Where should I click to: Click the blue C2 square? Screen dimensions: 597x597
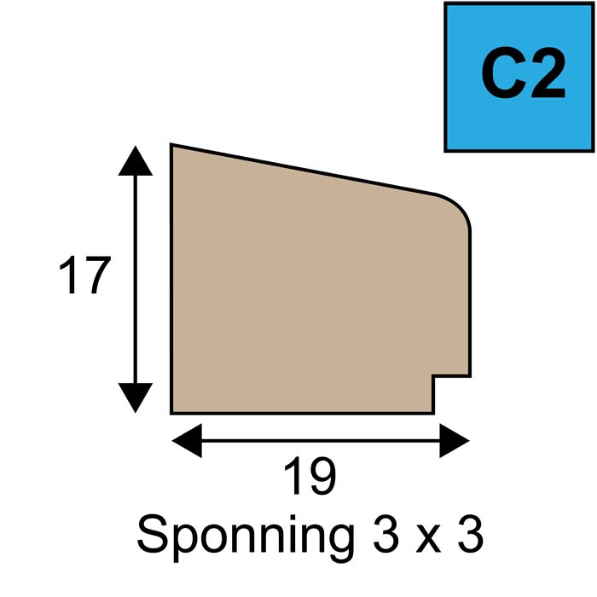tap(519, 77)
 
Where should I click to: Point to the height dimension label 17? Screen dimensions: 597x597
tap(85, 275)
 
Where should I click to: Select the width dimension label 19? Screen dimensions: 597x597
tap(310, 475)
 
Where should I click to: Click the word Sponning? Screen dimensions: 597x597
tap(246, 533)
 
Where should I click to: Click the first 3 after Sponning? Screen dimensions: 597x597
tap(386, 533)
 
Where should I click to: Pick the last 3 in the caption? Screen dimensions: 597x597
tap(471, 533)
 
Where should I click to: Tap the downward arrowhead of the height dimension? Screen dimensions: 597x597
tap(136, 397)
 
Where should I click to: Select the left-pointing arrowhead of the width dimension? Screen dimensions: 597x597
tap(187, 441)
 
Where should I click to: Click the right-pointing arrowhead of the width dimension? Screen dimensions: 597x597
tap(455, 441)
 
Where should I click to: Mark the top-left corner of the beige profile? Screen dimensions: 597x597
tap(171, 145)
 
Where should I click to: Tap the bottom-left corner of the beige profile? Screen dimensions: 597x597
tap(171, 413)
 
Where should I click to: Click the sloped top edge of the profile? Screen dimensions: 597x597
tap(302, 169)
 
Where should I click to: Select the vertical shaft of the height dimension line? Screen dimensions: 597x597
tap(136, 279)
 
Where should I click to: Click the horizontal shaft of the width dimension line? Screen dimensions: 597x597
tap(321, 441)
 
